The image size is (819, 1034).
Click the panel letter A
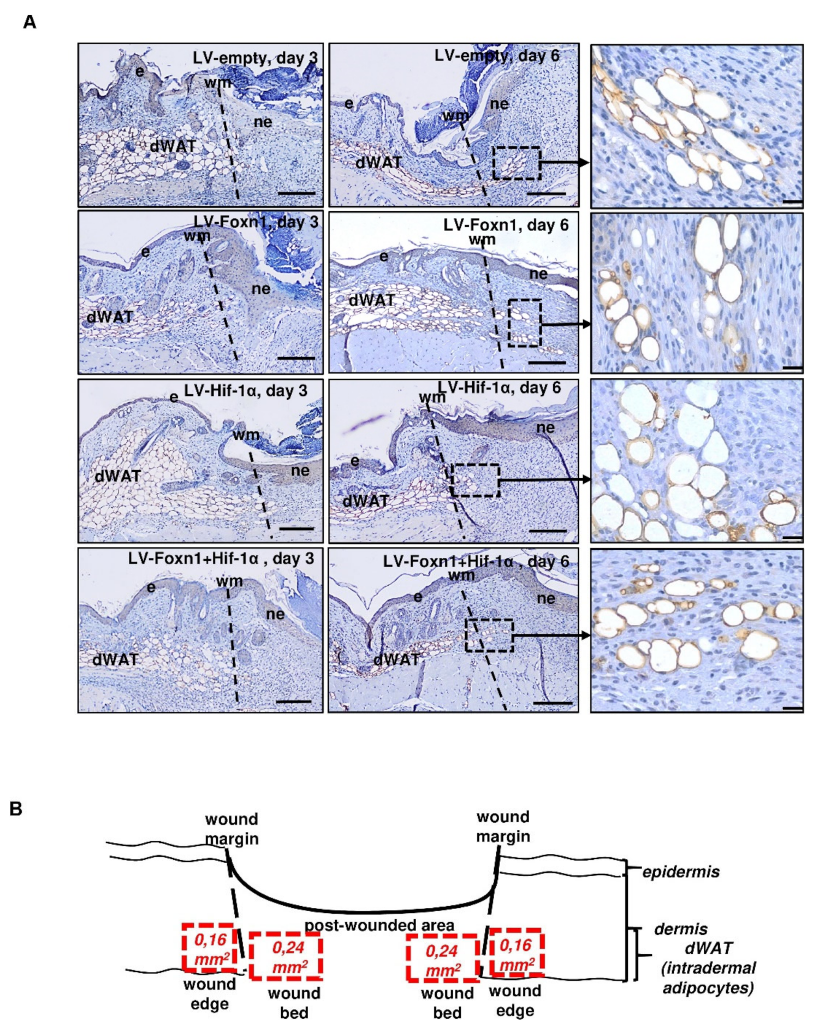[29, 22]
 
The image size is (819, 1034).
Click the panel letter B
[16, 809]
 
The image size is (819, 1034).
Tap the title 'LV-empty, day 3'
[255, 58]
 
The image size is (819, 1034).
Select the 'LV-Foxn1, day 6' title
[506, 225]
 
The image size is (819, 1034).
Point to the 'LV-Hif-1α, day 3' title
[246, 391]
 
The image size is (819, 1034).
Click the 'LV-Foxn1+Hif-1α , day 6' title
[476, 561]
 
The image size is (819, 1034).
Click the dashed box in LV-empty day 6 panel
[517, 163]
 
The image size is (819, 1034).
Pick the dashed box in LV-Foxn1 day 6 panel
[525, 323]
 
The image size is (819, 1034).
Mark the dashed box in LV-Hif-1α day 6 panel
[475, 480]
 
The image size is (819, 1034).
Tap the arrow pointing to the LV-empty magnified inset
[565, 163]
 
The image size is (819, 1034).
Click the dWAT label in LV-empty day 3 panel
[173, 146]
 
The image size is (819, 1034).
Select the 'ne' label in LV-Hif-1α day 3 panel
[300, 470]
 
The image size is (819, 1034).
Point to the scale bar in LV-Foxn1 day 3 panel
[296, 358]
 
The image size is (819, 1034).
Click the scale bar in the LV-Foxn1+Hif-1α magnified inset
[792, 709]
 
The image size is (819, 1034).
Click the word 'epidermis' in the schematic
[680, 872]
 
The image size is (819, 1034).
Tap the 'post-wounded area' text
[379, 925]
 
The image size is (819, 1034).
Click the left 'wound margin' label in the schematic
[232, 829]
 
